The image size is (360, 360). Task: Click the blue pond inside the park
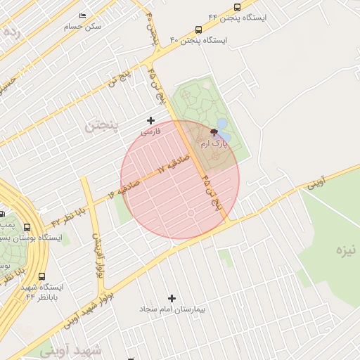(223, 127)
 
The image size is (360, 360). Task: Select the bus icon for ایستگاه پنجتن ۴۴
(236, 7)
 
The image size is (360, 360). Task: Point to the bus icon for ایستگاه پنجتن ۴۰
(199, 30)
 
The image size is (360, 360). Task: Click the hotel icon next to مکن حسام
(82, 15)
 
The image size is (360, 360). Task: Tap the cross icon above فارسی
(150, 121)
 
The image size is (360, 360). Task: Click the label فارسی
(150, 131)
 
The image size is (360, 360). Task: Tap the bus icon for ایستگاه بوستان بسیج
(27, 227)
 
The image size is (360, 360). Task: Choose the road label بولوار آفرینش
(99, 253)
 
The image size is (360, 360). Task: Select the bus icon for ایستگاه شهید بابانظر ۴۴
(42, 276)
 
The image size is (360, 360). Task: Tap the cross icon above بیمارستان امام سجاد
(172, 298)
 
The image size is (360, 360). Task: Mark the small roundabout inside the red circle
(191, 212)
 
